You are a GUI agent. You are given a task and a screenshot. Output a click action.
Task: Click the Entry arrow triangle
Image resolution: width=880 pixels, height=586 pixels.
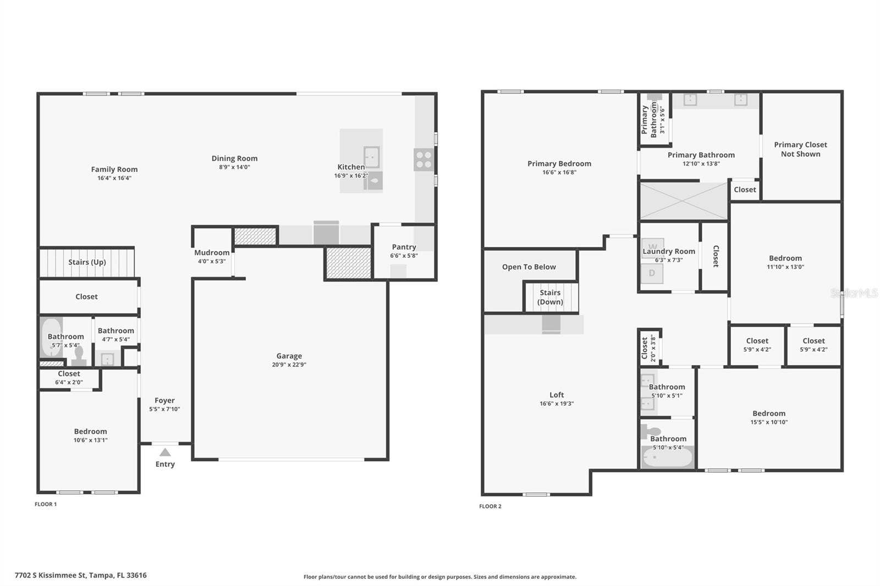pyautogui.click(x=165, y=452)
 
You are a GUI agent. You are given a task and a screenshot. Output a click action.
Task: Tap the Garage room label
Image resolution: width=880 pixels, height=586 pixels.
pyautogui.click(x=289, y=356)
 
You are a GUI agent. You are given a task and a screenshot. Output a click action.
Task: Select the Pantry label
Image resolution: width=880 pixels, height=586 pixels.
pyautogui.click(x=404, y=247)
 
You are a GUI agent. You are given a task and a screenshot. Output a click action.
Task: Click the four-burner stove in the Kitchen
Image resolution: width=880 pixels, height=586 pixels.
pyautogui.click(x=424, y=159)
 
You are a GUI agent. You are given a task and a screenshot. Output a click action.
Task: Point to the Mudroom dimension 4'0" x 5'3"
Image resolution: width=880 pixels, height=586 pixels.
pyautogui.click(x=212, y=261)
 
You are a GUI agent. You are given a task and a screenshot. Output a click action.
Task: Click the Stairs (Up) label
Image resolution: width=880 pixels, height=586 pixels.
pyautogui.click(x=87, y=262)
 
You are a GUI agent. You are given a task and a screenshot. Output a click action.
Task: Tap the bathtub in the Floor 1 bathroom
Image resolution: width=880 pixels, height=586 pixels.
pyautogui.click(x=51, y=337)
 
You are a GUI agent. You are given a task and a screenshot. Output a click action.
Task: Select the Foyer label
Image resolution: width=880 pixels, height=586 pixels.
pyautogui.click(x=164, y=400)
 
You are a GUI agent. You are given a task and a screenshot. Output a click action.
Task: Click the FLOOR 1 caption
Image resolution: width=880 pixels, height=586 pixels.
pyautogui.click(x=46, y=504)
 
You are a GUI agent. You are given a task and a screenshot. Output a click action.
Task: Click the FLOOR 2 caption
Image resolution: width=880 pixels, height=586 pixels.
pyautogui.click(x=490, y=506)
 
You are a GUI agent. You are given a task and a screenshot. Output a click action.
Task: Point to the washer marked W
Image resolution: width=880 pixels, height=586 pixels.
pyautogui.click(x=652, y=248)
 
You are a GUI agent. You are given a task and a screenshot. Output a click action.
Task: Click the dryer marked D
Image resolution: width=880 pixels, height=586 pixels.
pyautogui.click(x=652, y=273)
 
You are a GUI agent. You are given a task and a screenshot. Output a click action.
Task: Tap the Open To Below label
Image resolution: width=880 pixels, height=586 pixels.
pyautogui.click(x=529, y=267)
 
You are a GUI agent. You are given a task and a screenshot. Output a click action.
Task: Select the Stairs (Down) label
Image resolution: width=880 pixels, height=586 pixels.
pyautogui.click(x=550, y=297)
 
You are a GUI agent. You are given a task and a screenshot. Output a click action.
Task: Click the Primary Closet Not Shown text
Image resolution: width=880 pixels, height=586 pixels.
pyautogui.click(x=800, y=150)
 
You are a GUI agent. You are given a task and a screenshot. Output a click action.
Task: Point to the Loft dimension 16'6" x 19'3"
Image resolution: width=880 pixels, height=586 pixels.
pyautogui.click(x=557, y=403)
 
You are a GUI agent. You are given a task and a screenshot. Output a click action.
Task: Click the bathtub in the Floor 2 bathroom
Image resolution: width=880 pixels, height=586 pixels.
pyautogui.click(x=668, y=457)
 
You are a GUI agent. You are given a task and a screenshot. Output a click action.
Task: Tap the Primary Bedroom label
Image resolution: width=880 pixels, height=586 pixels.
pyautogui.click(x=559, y=163)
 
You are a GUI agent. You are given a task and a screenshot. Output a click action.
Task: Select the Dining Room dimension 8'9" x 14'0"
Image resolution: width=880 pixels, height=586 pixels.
pyautogui.click(x=234, y=167)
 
